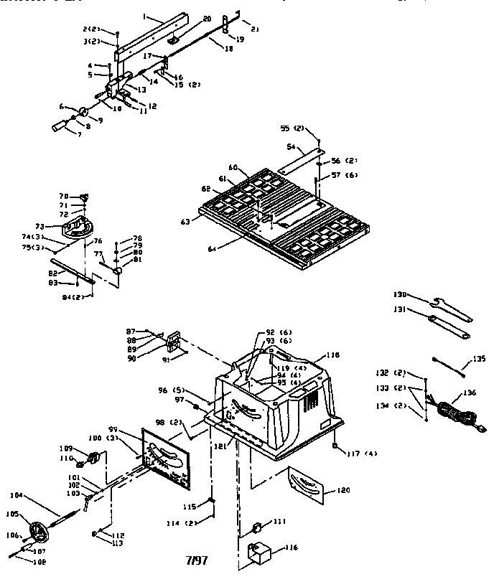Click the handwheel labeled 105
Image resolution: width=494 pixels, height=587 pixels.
tap(39, 533)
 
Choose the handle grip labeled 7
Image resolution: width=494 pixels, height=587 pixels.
tap(58, 127)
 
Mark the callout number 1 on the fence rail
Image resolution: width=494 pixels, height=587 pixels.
tap(144, 15)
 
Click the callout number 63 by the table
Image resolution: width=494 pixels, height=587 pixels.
tap(185, 222)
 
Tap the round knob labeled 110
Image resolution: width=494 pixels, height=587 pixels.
tap(94, 459)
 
